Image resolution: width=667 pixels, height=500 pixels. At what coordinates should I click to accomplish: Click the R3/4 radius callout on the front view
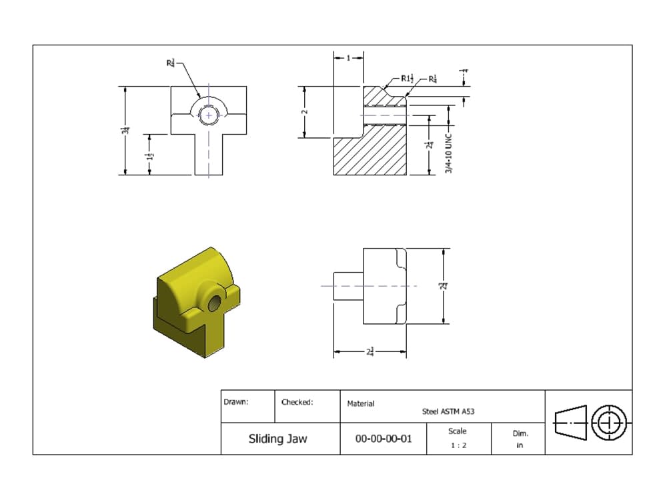[171, 63]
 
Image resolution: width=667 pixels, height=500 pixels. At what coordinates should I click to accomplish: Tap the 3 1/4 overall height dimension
[125, 131]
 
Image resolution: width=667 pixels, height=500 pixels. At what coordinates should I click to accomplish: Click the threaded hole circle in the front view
[209, 115]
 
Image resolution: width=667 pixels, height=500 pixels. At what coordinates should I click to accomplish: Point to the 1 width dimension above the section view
[348, 58]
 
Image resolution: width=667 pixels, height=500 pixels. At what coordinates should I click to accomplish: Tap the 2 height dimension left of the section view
[305, 111]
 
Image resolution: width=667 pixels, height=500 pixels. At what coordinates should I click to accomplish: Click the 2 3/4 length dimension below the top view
[370, 351]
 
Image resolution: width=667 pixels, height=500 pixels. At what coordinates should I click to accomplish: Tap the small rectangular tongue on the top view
[348, 285]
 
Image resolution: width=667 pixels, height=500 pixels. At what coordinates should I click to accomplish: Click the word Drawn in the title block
[235, 402]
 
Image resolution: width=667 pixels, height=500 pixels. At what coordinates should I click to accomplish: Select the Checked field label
[297, 402]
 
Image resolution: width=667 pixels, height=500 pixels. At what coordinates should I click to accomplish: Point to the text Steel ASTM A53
[448, 412]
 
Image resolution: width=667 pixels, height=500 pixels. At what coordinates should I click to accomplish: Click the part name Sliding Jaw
[277, 439]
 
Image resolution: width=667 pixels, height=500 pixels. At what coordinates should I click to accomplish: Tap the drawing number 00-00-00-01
[384, 439]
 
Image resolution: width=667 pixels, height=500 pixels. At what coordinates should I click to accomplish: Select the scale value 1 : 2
[458, 445]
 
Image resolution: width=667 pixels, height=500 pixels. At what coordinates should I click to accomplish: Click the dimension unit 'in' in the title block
[520, 445]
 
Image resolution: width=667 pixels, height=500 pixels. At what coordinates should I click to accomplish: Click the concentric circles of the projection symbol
[608, 422]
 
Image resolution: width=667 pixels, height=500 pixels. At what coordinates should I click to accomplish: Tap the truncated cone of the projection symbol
[571, 422]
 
